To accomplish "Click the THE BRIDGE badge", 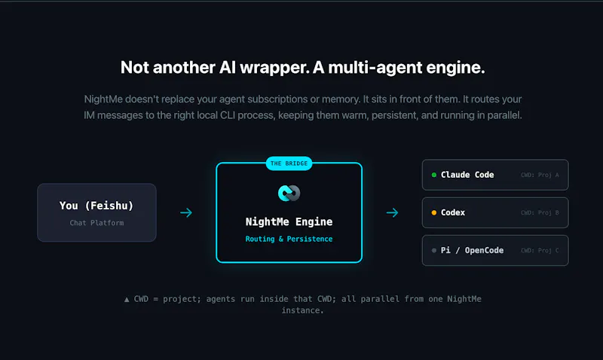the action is (x=289, y=163).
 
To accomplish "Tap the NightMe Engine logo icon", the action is (x=289, y=193).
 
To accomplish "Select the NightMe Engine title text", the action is (x=289, y=221).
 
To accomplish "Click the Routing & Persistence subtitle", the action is (x=289, y=239).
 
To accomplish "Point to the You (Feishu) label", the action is (x=96, y=206).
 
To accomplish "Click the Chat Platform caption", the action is (x=96, y=223).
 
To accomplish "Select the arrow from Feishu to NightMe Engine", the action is (x=186, y=212).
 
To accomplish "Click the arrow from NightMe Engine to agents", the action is (x=392, y=212).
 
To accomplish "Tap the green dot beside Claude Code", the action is (x=434, y=175).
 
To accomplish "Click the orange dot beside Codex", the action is (x=434, y=212).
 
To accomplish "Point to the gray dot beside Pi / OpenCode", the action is (x=434, y=251).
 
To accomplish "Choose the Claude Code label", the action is (x=467, y=175).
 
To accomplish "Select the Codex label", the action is (x=453, y=212).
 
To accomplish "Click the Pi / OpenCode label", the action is (x=472, y=251).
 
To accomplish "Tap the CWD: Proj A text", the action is (x=540, y=175).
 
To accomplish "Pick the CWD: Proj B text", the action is (x=540, y=212).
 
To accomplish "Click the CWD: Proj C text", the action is (x=540, y=251).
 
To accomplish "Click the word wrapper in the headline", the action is (x=274, y=68).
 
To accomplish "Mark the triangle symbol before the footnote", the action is (x=127, y=299).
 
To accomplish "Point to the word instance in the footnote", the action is (x=302, y=310).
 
